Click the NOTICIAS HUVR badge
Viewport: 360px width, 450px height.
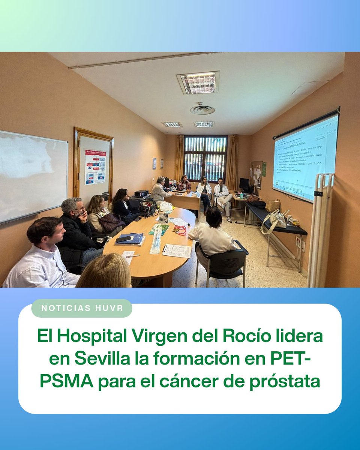point(82,308)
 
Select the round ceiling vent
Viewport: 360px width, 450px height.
point(202,109)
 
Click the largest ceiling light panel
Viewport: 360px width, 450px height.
point(198,82)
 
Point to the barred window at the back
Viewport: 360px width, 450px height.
point(205,157)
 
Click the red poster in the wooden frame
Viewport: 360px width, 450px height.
point(95,167)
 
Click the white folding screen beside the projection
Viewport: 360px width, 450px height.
point(320,229)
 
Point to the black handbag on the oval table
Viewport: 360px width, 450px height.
point(148,207)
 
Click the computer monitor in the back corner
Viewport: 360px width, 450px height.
point(244,184)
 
